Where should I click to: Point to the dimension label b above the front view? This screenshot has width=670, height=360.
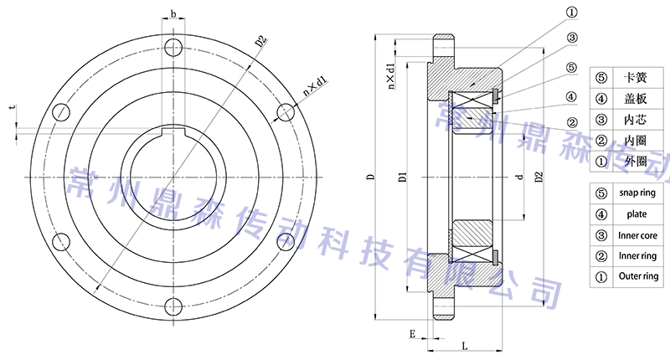tap(173, 14)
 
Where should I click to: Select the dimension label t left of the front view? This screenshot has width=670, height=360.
tap(12, 108)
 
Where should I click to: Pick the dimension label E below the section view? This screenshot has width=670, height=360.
tap(412, 333)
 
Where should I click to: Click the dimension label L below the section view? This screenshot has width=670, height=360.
tap(465, 344)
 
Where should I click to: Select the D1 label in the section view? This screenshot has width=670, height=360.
tap(403, 177)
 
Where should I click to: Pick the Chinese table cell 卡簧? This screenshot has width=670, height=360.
tap(636, 78)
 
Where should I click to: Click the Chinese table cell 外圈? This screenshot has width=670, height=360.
tap(636, 159)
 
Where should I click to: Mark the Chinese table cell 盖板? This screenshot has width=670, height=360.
tap(636, 98)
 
